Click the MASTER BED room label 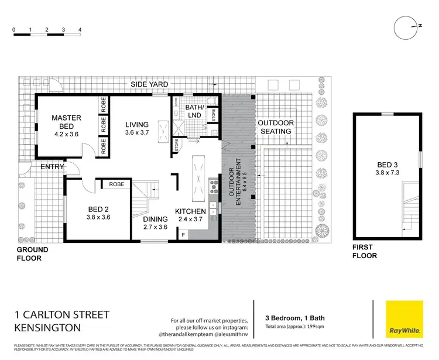[66, 118]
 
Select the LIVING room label [138, 125]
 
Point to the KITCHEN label [191, 211]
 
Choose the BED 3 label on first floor [386, 164]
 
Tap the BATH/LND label [194, 111]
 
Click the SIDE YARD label [149, 84]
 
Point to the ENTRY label [53, 167]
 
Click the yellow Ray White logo [404, 320]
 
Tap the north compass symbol [405, 26]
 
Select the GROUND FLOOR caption [32, 253]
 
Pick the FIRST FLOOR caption [364, 252]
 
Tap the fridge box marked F [183, 234]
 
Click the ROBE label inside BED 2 [116, 184]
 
